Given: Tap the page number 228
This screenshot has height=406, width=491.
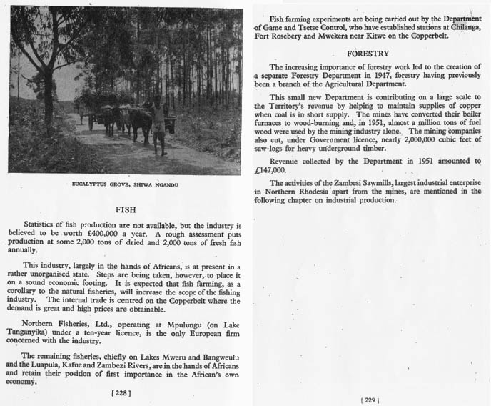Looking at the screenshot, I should coord(121,392).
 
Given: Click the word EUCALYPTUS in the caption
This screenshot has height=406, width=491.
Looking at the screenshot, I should coord(91,184).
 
